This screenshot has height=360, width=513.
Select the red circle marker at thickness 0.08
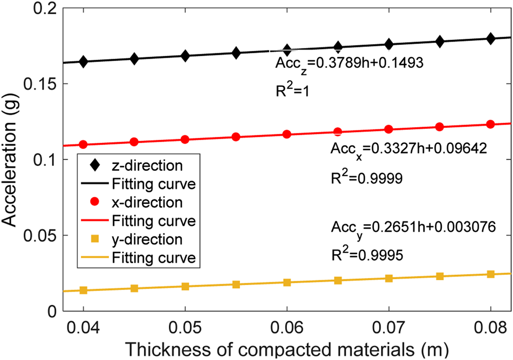pyautogui.click(x=490, y=124)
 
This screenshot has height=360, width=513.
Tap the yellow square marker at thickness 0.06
pyautogui.click(x=287, y=282)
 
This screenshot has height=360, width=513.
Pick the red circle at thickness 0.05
pyautogui.click(x=185, y=139)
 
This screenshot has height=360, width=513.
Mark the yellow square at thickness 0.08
pyautogui.click(x=490, y=274)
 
